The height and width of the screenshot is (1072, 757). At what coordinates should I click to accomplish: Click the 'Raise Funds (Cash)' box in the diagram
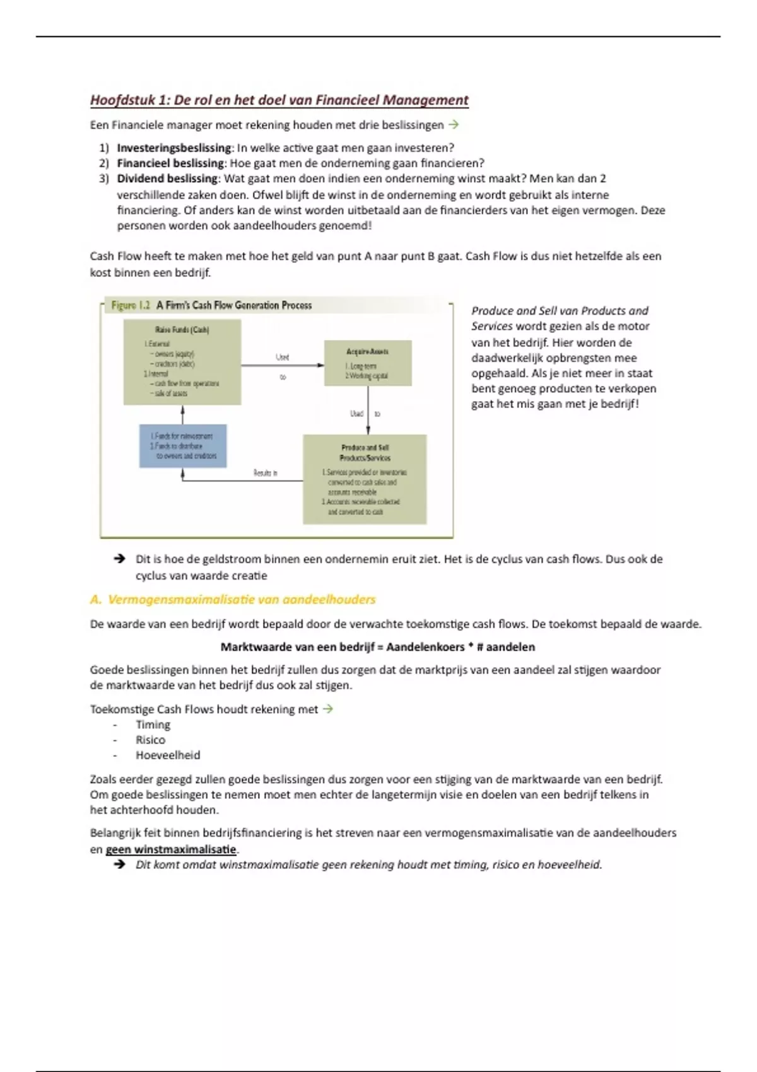[182, 361]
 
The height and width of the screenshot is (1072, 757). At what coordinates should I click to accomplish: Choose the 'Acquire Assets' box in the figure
[367, 363]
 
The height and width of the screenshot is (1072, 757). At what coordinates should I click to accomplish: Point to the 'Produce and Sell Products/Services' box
[365, 479]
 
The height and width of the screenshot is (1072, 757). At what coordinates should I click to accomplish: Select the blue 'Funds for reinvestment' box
[182, 446]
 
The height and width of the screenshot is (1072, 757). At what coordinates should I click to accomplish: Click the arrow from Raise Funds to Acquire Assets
[282, 365]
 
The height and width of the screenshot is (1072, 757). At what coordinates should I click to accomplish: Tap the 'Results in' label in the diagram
[266, 473]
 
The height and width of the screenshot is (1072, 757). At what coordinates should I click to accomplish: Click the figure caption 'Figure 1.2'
[131, 306]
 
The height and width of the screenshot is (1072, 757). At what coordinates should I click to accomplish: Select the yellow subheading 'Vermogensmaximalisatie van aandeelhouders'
[241, 600]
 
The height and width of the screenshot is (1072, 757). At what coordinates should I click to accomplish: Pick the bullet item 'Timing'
[153, 725]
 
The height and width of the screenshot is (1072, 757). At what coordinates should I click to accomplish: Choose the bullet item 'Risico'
[150, 740]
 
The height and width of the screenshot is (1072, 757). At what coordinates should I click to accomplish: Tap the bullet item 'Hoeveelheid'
[168, 755]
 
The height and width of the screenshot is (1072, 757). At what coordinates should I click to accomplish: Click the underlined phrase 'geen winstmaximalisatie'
[171, 849]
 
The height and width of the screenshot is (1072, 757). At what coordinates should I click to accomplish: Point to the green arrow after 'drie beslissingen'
[453, 125]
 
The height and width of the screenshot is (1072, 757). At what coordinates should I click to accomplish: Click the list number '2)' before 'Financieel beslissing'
[104, 163]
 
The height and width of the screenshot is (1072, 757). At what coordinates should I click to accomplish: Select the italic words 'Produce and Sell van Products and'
[560, 311]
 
